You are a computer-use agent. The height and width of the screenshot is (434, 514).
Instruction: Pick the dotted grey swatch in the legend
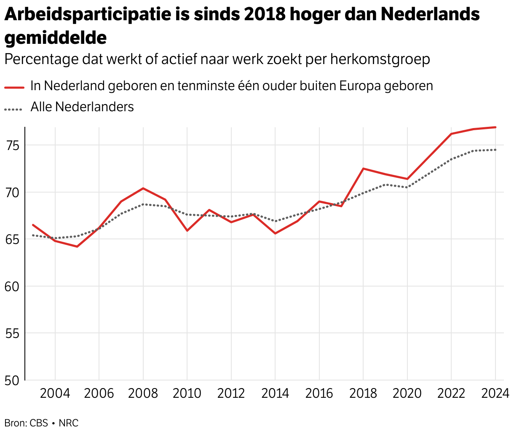(13, 109)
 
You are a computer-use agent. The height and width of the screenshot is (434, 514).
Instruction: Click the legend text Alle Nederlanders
(82, 107)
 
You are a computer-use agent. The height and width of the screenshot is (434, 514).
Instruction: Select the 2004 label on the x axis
(55, 394)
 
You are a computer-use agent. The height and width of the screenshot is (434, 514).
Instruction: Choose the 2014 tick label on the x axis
(275, 394)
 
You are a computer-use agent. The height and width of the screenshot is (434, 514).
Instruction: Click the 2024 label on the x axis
(495, 394)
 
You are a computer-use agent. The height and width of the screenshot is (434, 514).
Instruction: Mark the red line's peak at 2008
(143, 188)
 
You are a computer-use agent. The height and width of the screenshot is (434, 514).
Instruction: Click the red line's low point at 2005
(77, 246)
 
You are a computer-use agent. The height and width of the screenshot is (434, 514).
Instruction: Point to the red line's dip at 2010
(187, 230)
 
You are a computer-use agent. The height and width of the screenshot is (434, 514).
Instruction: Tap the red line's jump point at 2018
(363, 169)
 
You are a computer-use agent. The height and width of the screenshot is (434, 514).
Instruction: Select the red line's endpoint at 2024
(495, 127)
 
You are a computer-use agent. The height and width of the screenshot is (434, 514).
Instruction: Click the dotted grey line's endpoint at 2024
(495, 150)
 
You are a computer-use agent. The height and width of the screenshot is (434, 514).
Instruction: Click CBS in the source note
(39, 423)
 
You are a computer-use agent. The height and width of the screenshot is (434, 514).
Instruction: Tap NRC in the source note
(69, 423)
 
